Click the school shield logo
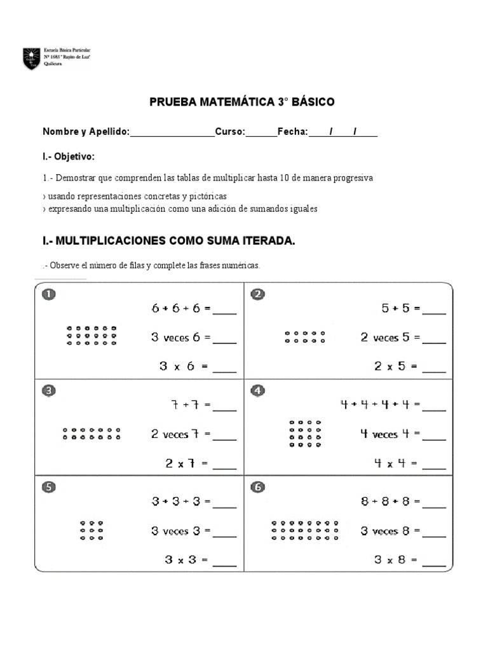[31, 58]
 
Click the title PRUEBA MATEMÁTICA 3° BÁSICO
[241, 102]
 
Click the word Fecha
[292, 132]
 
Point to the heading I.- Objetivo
[69, 156]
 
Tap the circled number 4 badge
[257, 391]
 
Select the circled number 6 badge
[257, 488]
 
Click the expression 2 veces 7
[175, 435]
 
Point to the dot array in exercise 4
[305, 434]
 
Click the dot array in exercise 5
[92, 530]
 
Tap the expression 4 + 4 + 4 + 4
[374, 405]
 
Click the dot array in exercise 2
[305, 337]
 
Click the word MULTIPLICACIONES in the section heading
[111, 241]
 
